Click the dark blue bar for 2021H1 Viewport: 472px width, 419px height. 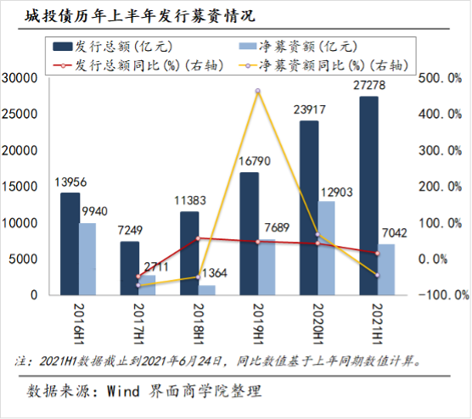point(368,196)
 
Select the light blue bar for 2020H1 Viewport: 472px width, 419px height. point(326,249)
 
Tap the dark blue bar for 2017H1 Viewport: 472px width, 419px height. point(130,268)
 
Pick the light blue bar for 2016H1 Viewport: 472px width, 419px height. point(87,259)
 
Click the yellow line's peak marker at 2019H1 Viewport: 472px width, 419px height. point(258,91)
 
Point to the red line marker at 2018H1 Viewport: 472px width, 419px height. point(198,238)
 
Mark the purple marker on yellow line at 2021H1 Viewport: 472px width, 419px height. point(378,275)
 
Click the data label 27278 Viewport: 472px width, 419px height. point(369,86)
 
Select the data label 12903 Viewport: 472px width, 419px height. point(336,193)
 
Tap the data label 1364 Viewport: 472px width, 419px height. point(214,273)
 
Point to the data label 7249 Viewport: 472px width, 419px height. point(130,231)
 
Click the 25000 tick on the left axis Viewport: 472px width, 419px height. point(20,114)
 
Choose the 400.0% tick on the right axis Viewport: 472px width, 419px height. point(440,114)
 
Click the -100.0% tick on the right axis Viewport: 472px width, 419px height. point(444,295)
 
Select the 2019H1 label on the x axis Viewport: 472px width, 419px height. point(258,324)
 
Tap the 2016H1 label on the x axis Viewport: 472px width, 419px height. point(79,324)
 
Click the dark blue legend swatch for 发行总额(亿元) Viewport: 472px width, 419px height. point(63,47)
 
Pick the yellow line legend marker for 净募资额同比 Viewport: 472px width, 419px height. point(248,65)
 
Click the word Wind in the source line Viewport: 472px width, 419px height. point(123,391)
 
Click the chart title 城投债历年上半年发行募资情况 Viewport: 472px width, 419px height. point(140,15)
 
